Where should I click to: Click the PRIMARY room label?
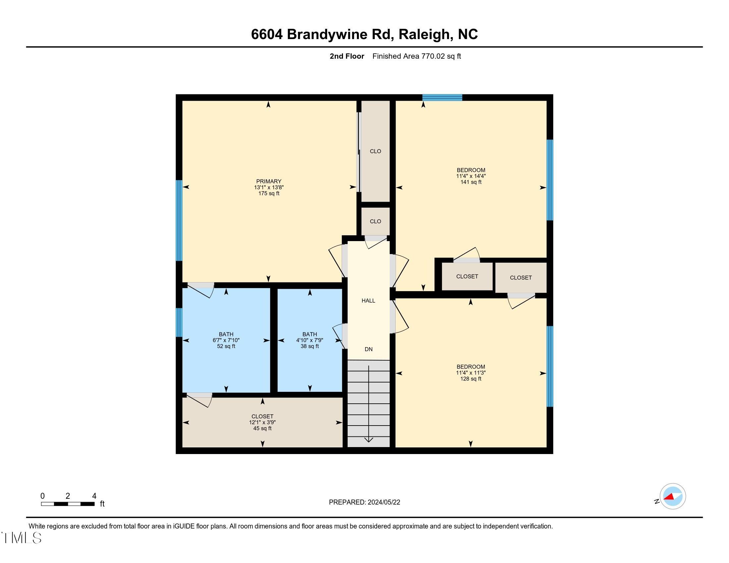pos(269,181)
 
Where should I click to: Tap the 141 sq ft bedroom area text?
pos(471,182)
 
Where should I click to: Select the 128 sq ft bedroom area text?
pos(471,379)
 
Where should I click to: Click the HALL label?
pos(368,300)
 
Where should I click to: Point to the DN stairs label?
pos(368,349)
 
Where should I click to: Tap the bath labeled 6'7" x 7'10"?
pos(226,340)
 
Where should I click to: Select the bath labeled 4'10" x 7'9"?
pos(309,340)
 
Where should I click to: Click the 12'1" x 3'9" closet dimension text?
pos(262,422)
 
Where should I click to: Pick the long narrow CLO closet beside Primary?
pos(375,151)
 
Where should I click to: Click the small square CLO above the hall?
pos(375,221)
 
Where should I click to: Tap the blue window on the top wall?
pos(442,97)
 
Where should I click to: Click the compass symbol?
pos(672,496)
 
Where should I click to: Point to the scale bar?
pos(68,504)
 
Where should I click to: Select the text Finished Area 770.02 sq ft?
pos(417,56)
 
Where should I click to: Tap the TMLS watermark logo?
pos(21,538)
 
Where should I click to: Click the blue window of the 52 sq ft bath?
pos(179,322)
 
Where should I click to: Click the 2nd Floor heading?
pos(347,56)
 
